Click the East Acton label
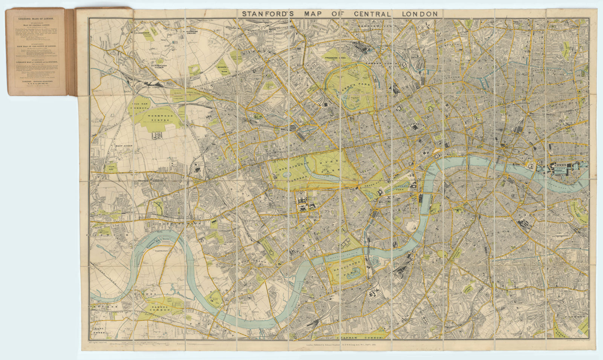[x=125, y=145]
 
